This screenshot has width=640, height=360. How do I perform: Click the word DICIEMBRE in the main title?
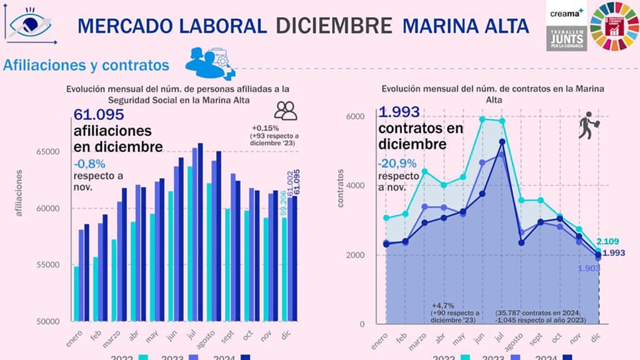(334, 26)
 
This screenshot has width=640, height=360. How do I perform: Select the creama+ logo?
(566, 13)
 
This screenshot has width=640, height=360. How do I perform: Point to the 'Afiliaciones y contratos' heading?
(86, 65)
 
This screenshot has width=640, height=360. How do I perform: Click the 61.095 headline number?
(99, 115)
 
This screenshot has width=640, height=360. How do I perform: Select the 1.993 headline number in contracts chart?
(399, 112)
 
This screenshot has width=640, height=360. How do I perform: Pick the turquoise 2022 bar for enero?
(76, 293)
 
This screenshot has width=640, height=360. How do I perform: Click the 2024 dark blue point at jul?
(502, 142)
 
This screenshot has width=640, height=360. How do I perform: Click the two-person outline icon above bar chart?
(286, 110)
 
